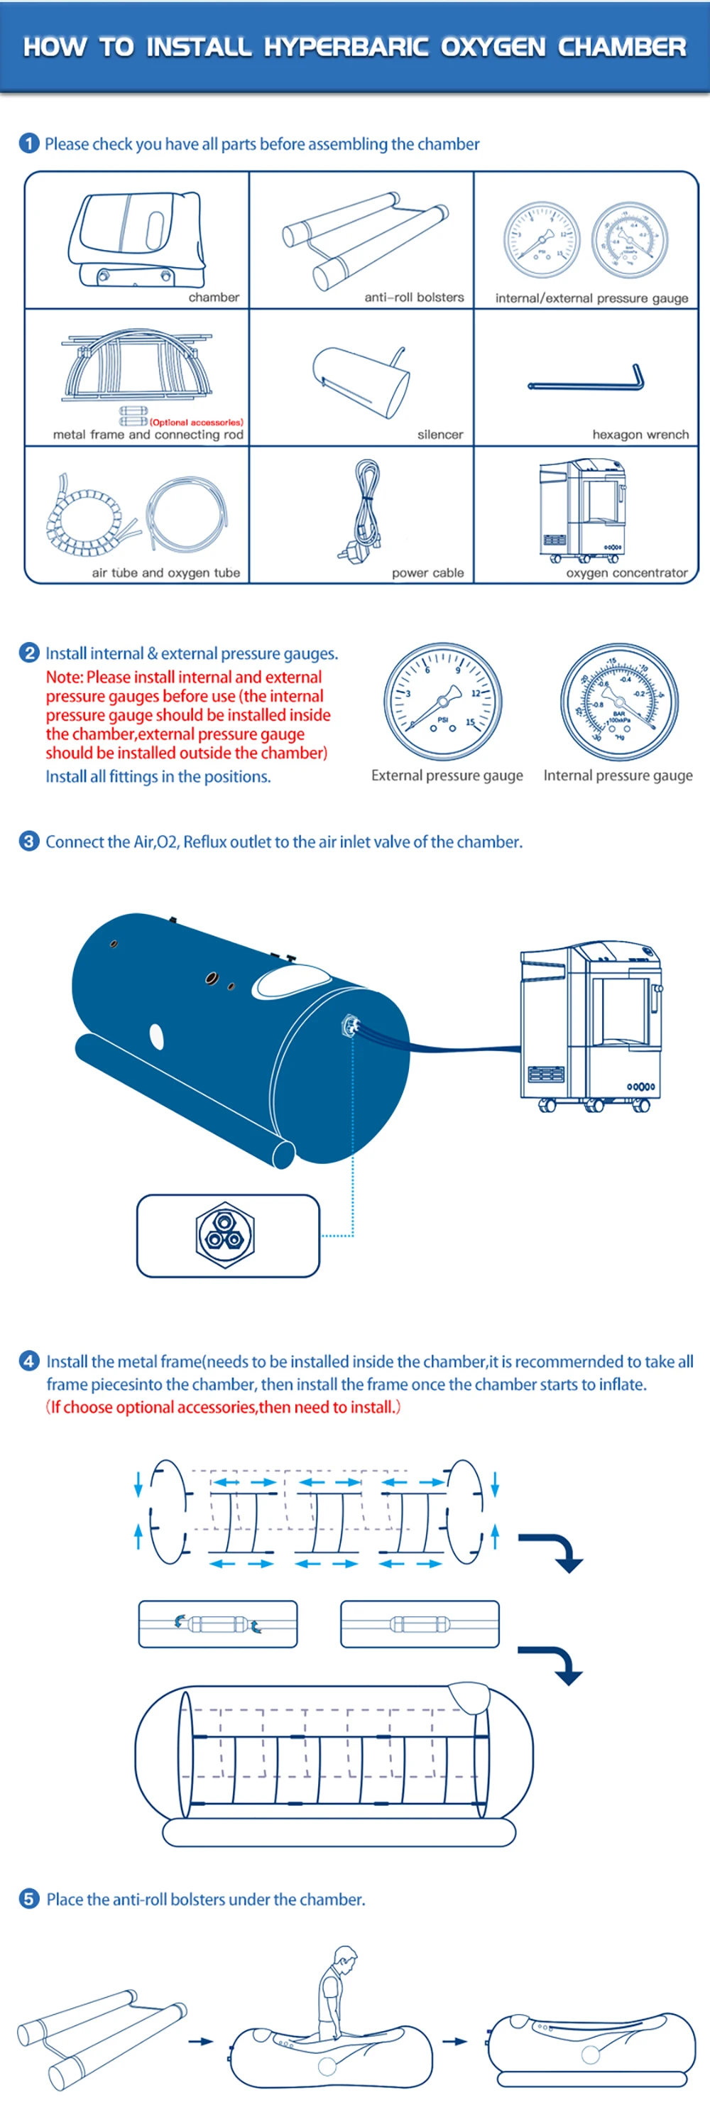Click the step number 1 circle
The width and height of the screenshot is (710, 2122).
pyautogui.click(x=29, y=143)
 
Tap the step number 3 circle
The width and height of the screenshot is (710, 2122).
pyautogui.click(x=29, y=841)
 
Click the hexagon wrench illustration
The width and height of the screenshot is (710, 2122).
pyautogui.click(x=586, y=381)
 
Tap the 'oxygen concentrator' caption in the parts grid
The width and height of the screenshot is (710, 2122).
pyautogui.click(x=626, y=572)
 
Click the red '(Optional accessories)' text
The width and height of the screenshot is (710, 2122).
pyautogui.click(x=196, y=422)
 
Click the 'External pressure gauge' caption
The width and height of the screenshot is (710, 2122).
pyautogui.click(x=447, y=776)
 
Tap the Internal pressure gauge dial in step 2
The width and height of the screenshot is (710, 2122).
pyautogui.click(x=619, y=702)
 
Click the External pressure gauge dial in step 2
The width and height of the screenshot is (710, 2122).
pyautogui.click(x=443, y=702)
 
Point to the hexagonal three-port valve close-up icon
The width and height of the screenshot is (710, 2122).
pyautogui.click(x=225, y=1234)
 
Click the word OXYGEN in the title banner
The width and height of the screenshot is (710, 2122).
pyautogui.click(x=493, y=47)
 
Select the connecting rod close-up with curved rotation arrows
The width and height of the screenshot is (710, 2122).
pyautogui.click(x=217, y=1623)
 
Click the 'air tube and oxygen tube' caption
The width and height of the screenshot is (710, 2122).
pyautogui.click(x=165, y=572)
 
